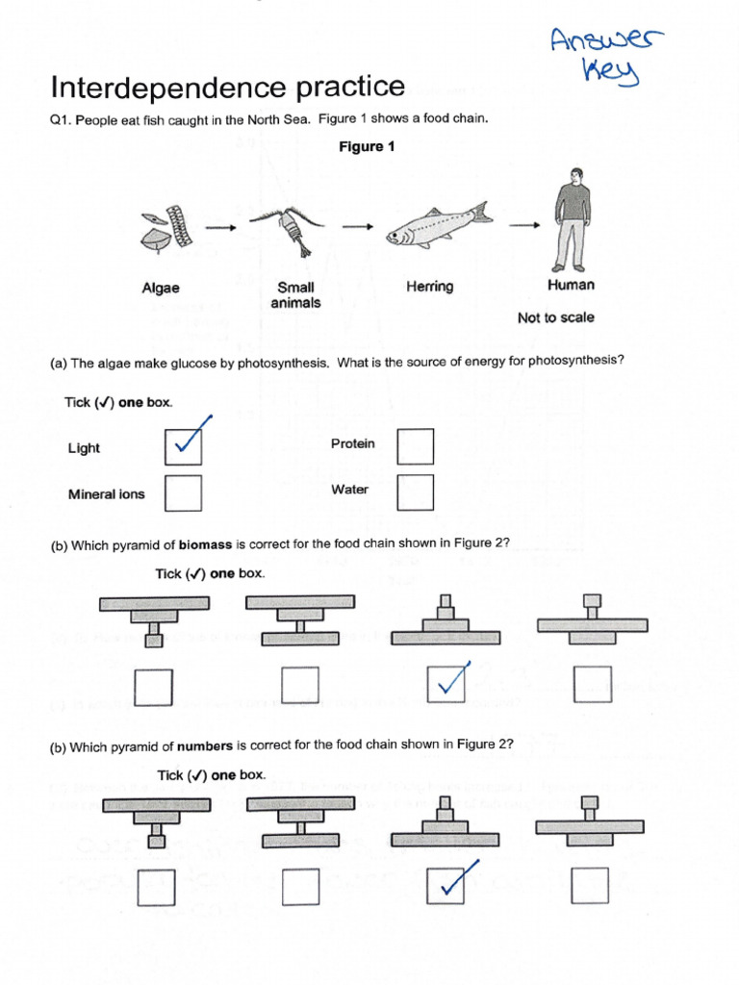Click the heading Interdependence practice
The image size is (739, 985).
[x=227, y=88]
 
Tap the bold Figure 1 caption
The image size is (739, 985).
[x=367, y=147]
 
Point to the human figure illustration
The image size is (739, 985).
[x=572, y=220]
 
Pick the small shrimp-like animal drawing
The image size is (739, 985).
[x=286, y=230]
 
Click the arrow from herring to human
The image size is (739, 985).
[x=524, y=226]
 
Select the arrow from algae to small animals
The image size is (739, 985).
[x=219, y=228]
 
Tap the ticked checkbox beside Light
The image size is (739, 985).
[x=183, y=445]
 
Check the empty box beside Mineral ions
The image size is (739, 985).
[x=183, y=493]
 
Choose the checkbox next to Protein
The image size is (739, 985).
[x=415, y=445]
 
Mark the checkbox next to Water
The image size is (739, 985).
[x=415, y=492]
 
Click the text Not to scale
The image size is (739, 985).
[x=555, y=317]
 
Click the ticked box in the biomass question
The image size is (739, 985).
[x=446, y=685]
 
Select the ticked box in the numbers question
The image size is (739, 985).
[x=446, y=886]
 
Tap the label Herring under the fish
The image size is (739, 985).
[x=429, y=287]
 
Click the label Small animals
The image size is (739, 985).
[x=295, y=294]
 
